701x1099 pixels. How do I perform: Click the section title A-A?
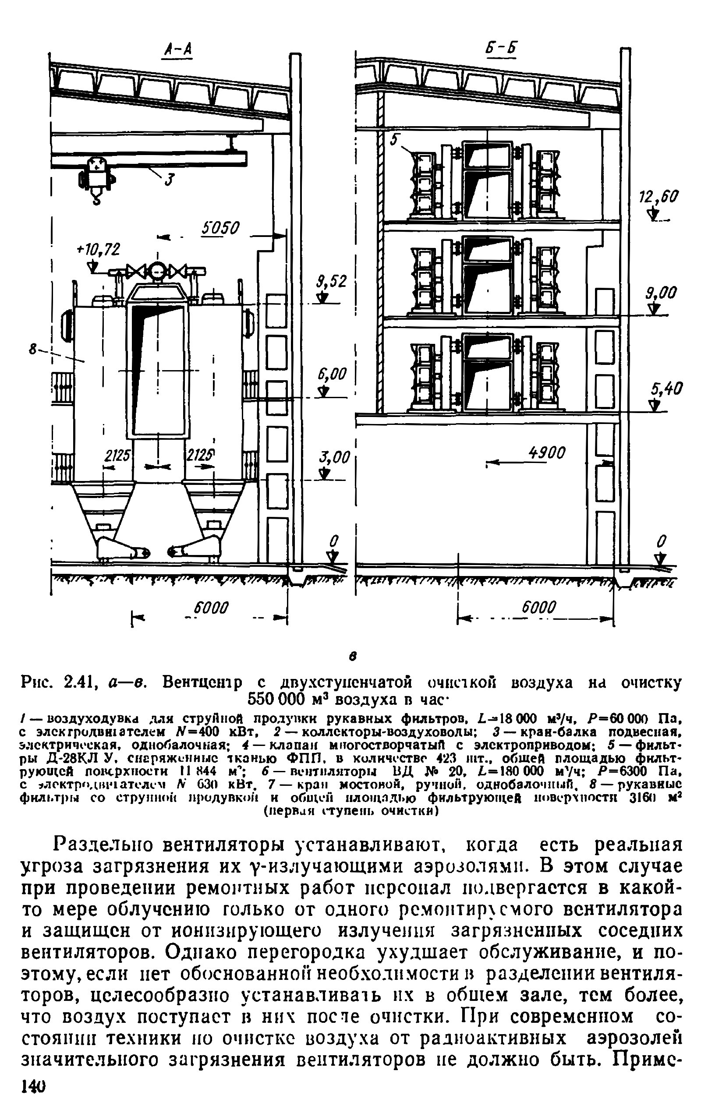pyautogui.click(x=177, y=50)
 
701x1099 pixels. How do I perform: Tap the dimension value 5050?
pyautogui.click(x=221, y=228)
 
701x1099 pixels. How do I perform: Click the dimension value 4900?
pyautogui.click(x=546, y=452)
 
